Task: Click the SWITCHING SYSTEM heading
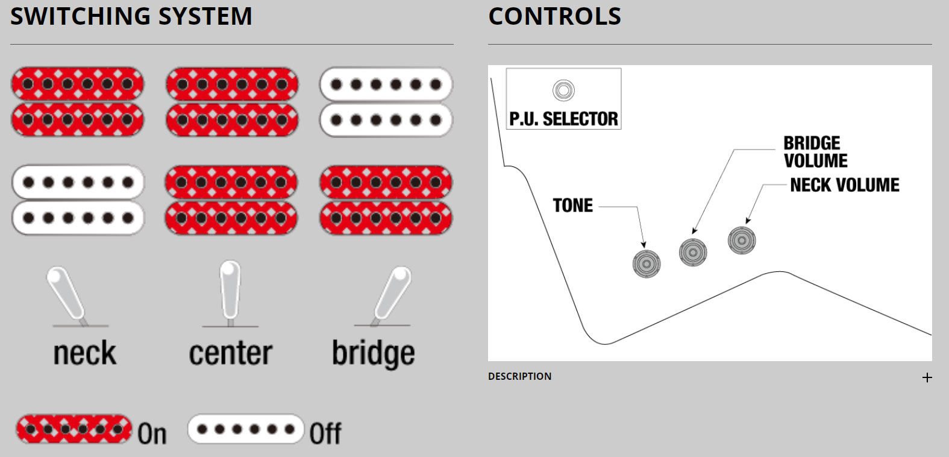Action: coord(131,16)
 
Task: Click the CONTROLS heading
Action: coord(554,16)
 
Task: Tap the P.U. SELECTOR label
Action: coord(563,119)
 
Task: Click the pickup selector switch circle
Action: coord(563,90)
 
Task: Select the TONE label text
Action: coord(573,206)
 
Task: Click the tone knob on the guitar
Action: coord(647,263)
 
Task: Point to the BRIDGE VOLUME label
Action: coord(815,152)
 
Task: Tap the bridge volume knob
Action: coord(693,252)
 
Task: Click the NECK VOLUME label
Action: coord(844,185)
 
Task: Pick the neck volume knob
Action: coord(742,241)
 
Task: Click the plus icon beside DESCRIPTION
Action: coord(927,377)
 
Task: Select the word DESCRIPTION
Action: coord(519,376)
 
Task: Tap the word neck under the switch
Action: coord(84,353)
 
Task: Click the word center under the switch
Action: coord(230,353)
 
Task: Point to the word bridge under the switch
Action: coord(373,354)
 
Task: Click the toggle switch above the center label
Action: coord(230,291)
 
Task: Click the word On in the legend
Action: coord(152,434)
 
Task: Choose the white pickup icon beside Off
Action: coord(245,429)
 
